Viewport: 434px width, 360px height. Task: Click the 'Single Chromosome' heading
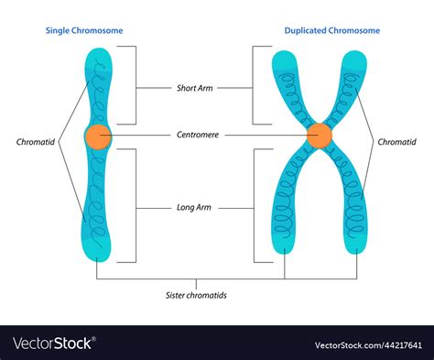tap(84, 30)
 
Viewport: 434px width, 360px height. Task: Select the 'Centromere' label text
tap(194, 135)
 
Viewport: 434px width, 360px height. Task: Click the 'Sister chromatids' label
tap(195, 296)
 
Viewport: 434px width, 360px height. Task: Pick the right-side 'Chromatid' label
tap(396, 142)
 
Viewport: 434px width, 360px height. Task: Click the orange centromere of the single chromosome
tap(97, 137)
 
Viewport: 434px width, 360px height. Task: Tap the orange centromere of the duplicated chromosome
tap(319, 135)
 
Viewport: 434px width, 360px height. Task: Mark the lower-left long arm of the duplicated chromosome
tap(285, 220)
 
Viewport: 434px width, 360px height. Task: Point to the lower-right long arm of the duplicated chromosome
tap(353, 220)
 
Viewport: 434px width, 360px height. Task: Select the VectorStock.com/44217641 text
tap(368, 344)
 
